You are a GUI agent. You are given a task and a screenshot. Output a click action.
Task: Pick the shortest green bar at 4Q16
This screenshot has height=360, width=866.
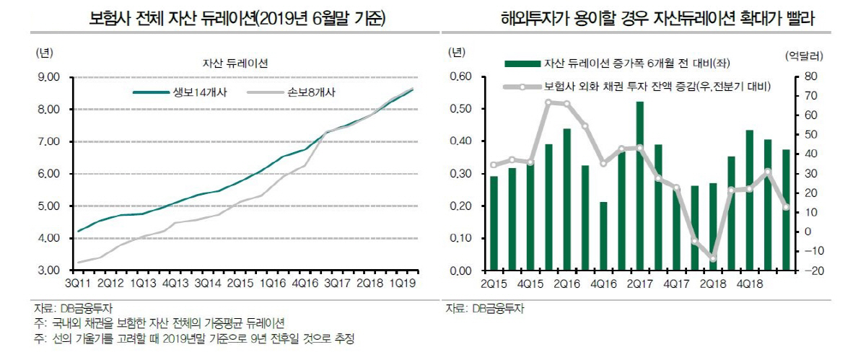tap(603, 236)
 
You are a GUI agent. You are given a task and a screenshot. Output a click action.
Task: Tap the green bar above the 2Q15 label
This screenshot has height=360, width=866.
tap(494, 223)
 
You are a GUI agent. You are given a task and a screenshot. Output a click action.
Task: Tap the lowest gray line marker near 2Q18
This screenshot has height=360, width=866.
tap(713, 259)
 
